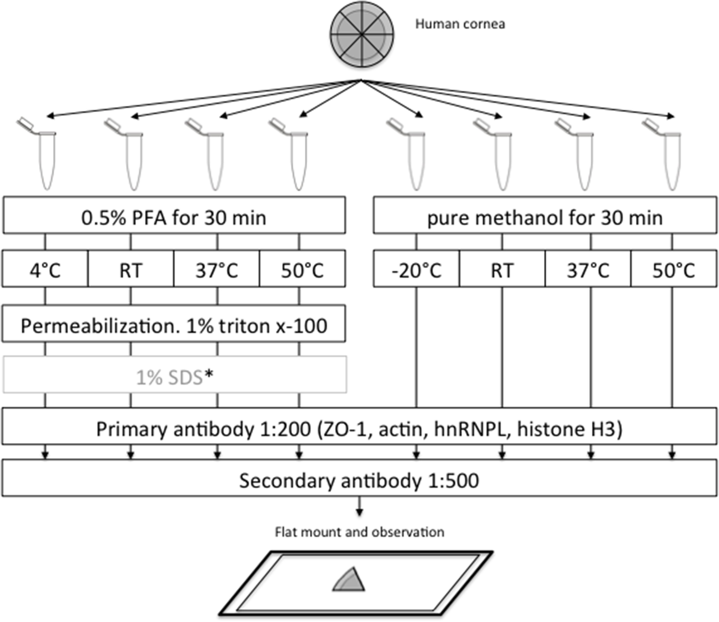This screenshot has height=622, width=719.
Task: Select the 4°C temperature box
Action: coord(45,269)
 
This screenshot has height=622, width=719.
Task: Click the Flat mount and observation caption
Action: coord(359,532)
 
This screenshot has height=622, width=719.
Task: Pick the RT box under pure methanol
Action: coord(502,269)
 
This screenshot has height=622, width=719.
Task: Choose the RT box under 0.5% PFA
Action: coord(131,269)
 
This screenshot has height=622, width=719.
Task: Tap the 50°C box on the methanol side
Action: coord(674,269)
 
